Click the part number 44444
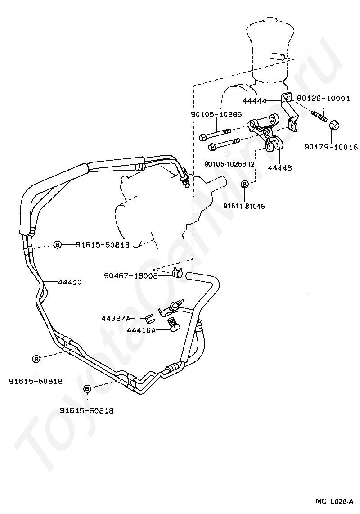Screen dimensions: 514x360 point(254,101)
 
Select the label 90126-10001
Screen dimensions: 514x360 point(323,99)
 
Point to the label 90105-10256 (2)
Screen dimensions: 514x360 point(230,164)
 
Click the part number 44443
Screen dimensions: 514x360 point(279,168)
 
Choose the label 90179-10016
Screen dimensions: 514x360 point(330,147)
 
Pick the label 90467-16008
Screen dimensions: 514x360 point(130,276)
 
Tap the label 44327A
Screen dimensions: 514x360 point(116,318)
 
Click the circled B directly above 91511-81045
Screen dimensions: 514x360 point(244,184)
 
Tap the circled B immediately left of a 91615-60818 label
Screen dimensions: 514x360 point(58,245)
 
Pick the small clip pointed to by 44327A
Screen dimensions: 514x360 point(150,319)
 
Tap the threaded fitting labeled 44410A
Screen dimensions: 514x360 point(172,325)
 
